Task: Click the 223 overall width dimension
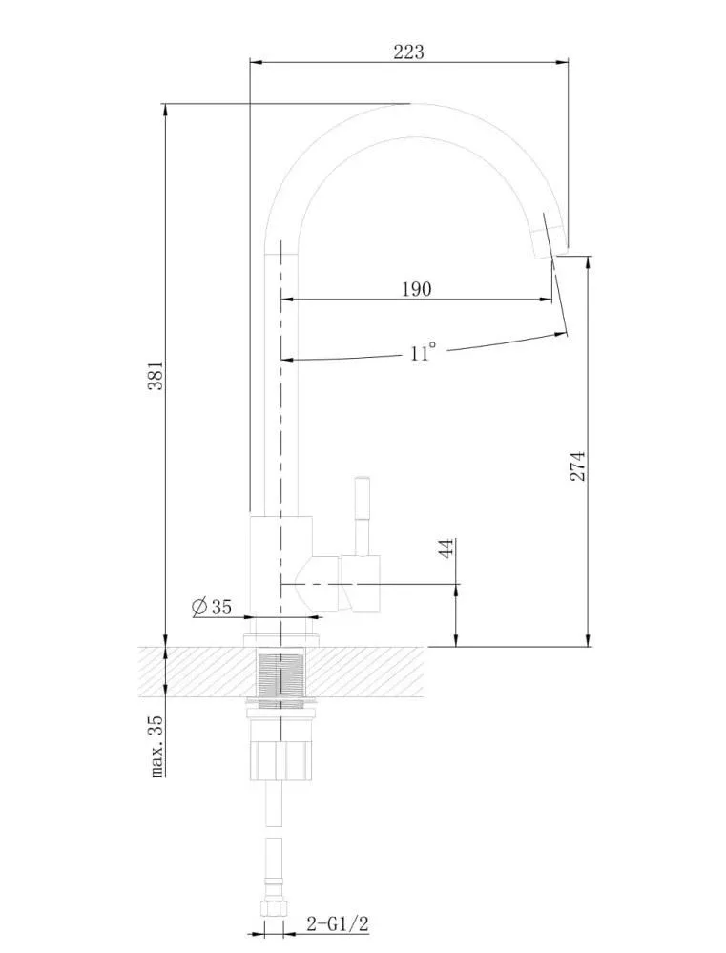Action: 408,52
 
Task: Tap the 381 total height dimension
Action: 156,375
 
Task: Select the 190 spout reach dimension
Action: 417,289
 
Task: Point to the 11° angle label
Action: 422,352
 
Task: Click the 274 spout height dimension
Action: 577,466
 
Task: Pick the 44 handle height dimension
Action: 446,548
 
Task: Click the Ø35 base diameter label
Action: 212,607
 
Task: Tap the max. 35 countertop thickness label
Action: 156,746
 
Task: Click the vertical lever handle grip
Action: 362,516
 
